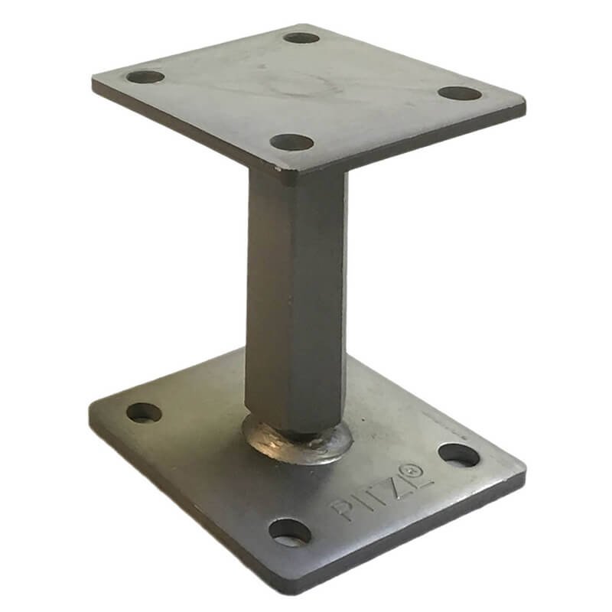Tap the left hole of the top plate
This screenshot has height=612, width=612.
tap(145, 76)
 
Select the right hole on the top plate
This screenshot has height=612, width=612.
tap(460, 93)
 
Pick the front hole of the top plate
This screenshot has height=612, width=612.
tap(292, 142)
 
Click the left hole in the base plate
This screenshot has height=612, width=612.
tap(144, 413)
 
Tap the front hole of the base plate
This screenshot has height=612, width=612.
tap(290, 532)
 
